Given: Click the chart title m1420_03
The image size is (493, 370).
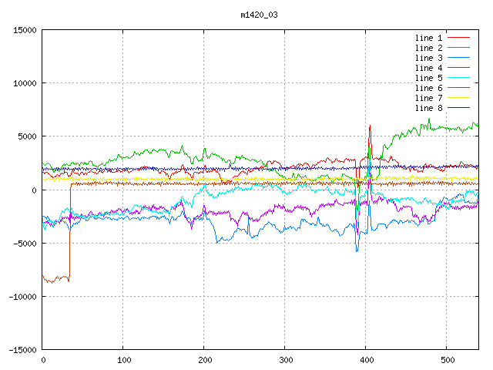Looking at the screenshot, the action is [x=259, y=15].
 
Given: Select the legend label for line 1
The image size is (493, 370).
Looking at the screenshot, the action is [x=428, y=38].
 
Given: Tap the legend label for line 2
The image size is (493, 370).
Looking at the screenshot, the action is [x=428, y=48].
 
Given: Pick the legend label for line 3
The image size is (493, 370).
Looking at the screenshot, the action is [x=428, y=58].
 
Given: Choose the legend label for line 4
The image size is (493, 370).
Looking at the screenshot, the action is [x=428, y=68].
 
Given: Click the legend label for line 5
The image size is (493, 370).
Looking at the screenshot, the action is [x=428, y=78].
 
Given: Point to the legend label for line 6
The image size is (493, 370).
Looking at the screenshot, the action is [x=428, y=88].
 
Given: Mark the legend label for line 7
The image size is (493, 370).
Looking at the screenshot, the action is [x=428, y=98].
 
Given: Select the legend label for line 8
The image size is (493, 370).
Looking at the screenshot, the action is [x=428, y=108].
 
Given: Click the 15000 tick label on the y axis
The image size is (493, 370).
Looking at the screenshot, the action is [x=25, y=30].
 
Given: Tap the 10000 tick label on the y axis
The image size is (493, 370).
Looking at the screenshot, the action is [x=25, y=83].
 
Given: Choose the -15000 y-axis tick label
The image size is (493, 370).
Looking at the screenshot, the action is [x=22, y=350].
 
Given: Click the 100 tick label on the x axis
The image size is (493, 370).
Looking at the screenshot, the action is [x=124, y=360].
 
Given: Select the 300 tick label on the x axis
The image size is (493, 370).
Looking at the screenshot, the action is [x=286, y=360].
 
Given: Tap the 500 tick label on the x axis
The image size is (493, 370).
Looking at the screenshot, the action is [x=448, y=360].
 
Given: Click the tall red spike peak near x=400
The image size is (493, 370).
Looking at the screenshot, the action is [x=370, y=126].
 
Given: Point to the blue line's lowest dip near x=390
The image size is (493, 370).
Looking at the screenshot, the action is [x=357, y=251].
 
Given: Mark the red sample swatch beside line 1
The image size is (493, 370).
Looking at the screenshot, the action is [x=458, y=38].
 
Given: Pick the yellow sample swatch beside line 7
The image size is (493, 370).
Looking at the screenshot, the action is [x=458, y=98].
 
